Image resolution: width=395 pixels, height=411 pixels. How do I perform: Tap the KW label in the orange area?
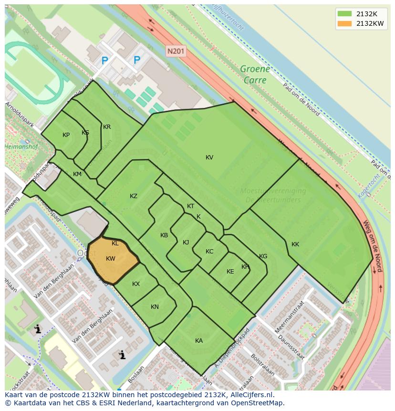[x=111, y=259]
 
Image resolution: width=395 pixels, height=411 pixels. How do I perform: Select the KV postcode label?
[x=209, y=158]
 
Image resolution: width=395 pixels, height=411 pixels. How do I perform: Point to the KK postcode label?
[x=295, y=244]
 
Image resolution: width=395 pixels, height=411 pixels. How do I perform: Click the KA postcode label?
[x=199, y=340]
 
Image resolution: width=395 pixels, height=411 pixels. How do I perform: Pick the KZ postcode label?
[x=134, y=196]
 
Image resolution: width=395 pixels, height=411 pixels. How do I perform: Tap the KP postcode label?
[x=66, y=135]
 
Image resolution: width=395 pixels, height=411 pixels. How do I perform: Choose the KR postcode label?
[x=107, y=127]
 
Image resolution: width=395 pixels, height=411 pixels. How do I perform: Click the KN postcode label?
[x=155, y=307]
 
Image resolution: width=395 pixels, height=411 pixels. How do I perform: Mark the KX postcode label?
[x=136, y=284]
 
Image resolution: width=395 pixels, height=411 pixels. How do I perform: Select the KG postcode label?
[x=263, y=256]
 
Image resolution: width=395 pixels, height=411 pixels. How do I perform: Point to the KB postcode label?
[x=164, y=235]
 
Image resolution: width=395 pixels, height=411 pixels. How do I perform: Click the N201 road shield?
[x=176, y=50]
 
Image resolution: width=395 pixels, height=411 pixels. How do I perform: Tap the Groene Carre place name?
[x=255, y=74]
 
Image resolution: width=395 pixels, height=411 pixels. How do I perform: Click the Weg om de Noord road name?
[x=373, y=246]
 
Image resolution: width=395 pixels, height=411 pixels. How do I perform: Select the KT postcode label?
[x=190, y=206]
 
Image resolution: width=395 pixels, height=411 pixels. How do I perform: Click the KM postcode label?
[x=77, y=174]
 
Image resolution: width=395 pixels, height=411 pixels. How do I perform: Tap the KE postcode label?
[x=230, y=272]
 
